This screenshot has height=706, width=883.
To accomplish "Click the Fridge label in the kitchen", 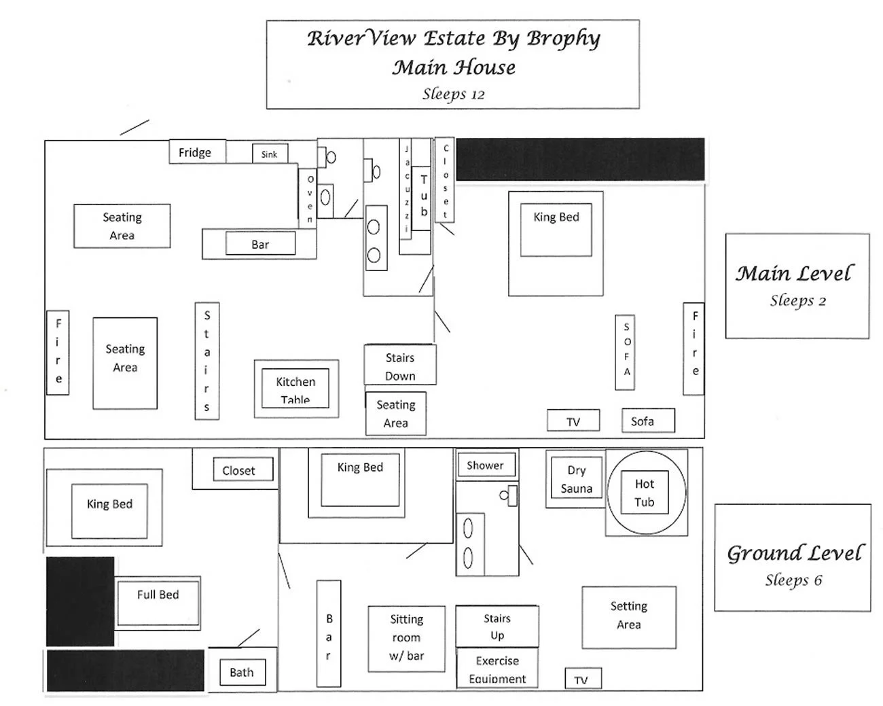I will pyautogui.click(x=195, y=152).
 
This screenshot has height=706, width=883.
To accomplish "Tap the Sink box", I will pyautogui.click(x=270, y=154).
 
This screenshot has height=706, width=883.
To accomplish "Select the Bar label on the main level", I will pyautogui.click(x=260, y=244).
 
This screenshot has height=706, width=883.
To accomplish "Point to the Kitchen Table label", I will pyautogui.click(x=295, y=389).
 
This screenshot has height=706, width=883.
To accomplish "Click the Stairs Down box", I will pyautogui.click(x=400, y=366).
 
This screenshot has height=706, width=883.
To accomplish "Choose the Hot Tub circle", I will pyautogui.click(x=645, y=493).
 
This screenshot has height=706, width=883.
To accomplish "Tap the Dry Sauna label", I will pyautogui.click(x=576, y=479).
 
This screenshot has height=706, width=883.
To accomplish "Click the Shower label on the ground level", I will pyautogui.click(x=485, y=465).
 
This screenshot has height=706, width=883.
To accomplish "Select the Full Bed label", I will pyautogui.click(x=158, y=595).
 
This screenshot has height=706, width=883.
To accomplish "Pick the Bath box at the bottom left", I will pyautogui.click(x=241, y=672).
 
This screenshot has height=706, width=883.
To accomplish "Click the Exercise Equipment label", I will pyautogui.click(x=497, y=669).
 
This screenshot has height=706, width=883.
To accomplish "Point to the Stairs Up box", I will pyautogui.click(x=497, y=626).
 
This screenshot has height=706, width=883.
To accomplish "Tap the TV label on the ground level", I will pyautogui.click(x=581, y=679).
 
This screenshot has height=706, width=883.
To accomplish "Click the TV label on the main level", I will pyautogui.click(x=573, y=422).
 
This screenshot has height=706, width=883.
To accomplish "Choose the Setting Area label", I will pyautogui.click(x=628, y=615).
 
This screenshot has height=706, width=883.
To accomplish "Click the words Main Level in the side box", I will pyautogui.click(x=793, y=273).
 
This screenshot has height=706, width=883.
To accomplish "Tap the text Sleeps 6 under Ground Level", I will pyautogui.click(x=793, y=580).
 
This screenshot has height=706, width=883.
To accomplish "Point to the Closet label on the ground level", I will pyautogui.click(x=238, y=470).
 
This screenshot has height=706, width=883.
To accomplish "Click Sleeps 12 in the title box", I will pyautogui.click(x=453, y=94).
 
